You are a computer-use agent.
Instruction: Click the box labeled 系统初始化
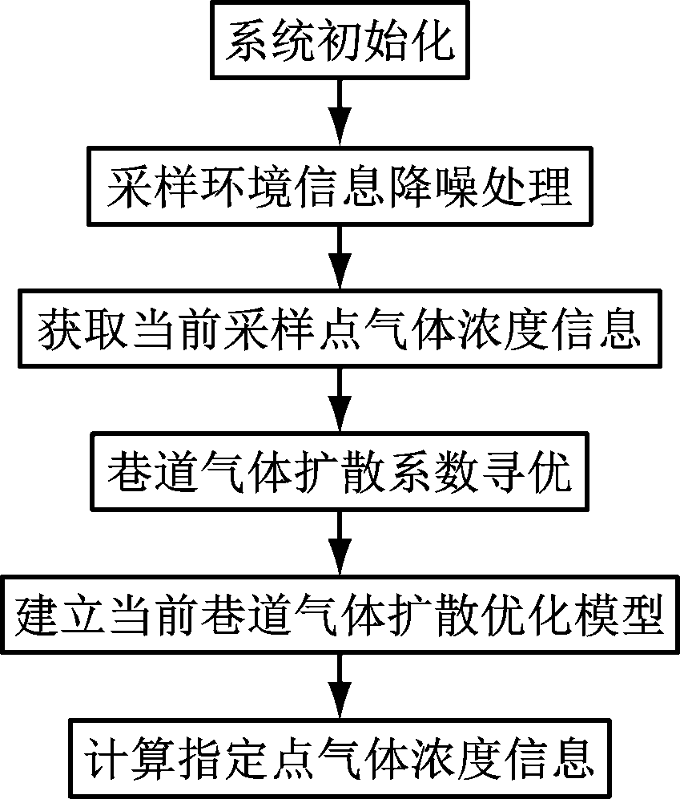coord(340,40)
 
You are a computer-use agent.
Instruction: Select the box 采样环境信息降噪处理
coord(340,186)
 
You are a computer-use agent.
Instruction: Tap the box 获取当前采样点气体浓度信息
coord(340,329)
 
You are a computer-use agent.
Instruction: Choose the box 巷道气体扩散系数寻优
coord(340,471)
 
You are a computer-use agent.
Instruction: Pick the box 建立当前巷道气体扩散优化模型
coord(340,615)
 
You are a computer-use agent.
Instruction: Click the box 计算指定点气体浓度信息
coord(340,757)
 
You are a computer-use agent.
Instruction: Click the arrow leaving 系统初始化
coord(340,113)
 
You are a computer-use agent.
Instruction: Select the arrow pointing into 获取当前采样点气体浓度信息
coord(340,257)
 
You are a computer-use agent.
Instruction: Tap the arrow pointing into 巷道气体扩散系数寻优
coord(340,400)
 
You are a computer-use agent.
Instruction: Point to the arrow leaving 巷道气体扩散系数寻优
coord(340,543)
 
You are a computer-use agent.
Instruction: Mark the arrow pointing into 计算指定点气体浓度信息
coord(340,686)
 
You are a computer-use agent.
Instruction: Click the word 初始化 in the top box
coord(386,41)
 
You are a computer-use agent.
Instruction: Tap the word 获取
coord(82,329)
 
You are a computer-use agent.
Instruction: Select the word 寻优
coord(526,472)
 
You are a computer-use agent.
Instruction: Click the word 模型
coord(618,615)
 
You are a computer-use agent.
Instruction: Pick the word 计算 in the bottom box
coord(130,758)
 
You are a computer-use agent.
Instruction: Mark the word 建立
coord(60,615)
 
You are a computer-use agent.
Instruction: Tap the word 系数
coord(433,472)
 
